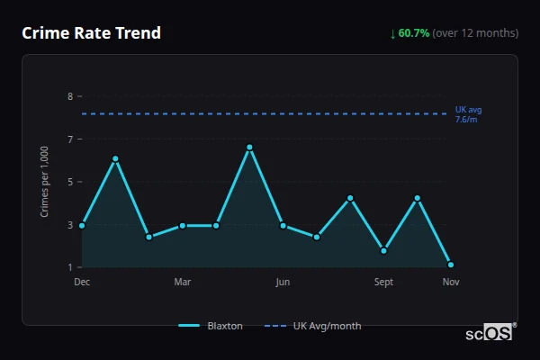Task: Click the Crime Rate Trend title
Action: click(91, 33)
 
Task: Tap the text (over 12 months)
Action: click(475, 33)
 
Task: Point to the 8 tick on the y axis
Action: click(70, 96)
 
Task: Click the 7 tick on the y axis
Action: click(70, 139)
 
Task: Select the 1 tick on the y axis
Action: click(70, 267)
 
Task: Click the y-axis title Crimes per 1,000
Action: click(44, 182)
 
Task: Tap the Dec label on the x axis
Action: click(82, 283)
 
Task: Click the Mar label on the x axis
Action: click(183, 283)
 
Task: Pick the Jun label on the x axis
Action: click(283, 283)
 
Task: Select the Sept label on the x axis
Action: click(383, 283)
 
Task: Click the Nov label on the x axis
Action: click(451, 283)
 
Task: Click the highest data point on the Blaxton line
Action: click(249, 147)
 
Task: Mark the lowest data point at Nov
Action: click(451, 265)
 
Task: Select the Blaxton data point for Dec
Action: click(82, 225)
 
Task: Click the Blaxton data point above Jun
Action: click(283, 225)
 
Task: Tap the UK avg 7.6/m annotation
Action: click(468, 114)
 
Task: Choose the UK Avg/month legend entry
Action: click(314, 326)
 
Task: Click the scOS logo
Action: click(490, 332)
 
